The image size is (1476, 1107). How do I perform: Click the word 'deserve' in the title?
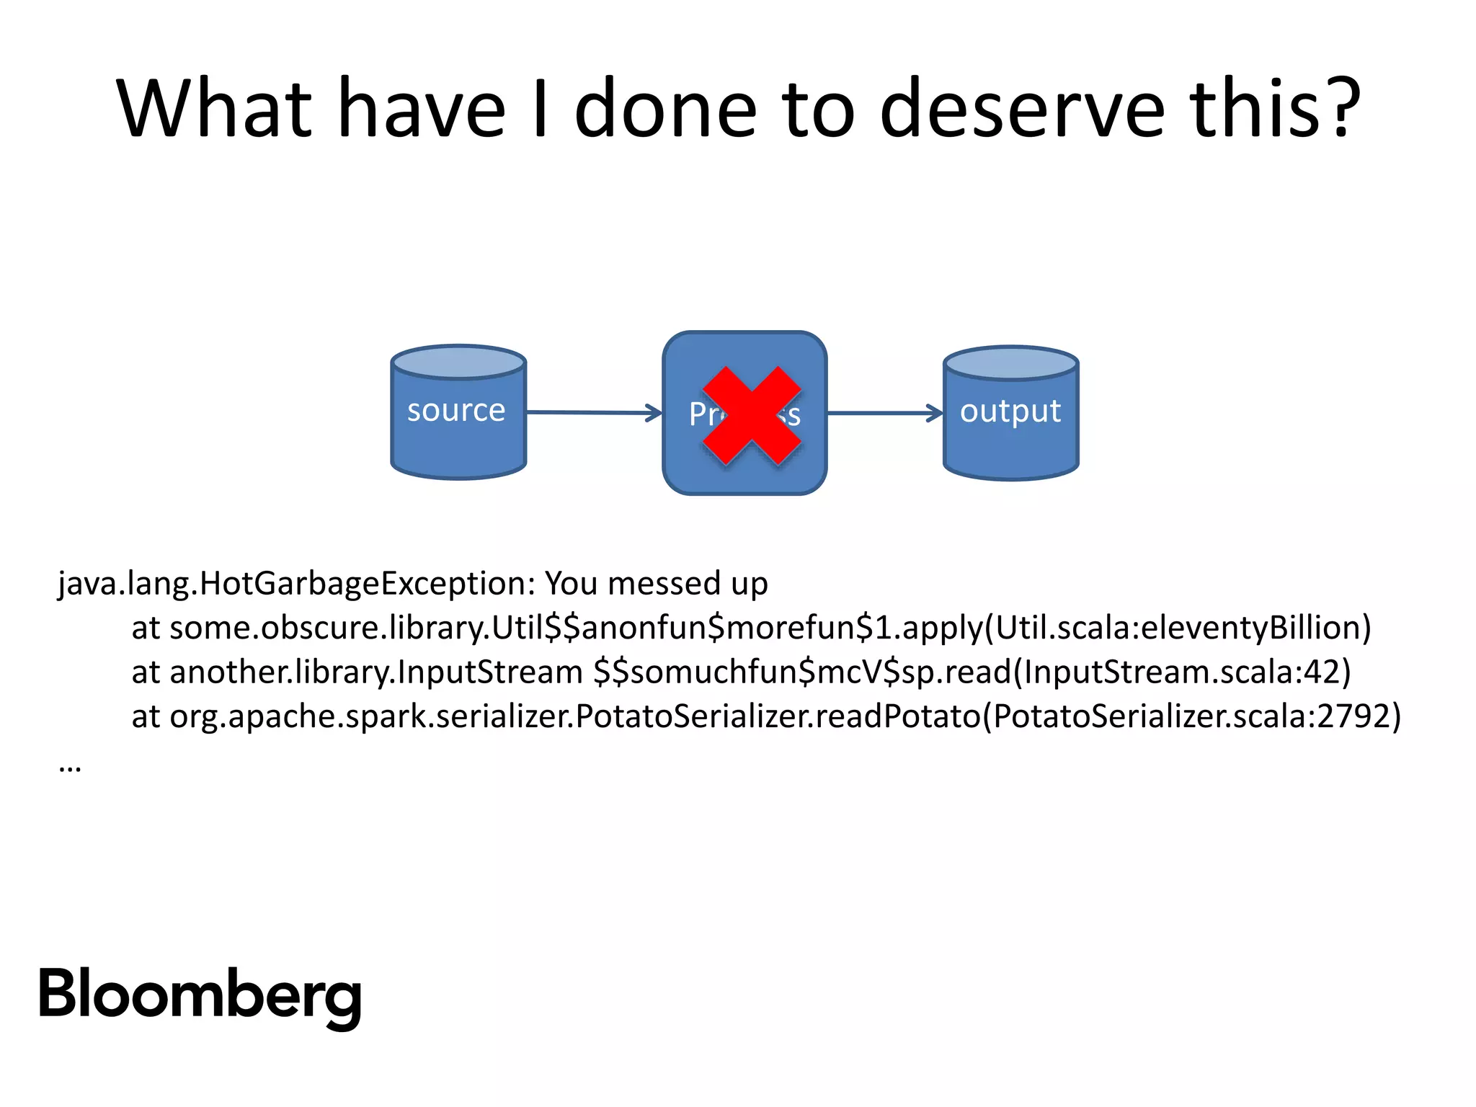(1021, 110)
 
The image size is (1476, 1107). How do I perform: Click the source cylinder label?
(456, 411)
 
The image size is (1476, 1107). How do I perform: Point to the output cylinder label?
(1010, 412)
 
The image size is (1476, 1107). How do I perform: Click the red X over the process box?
(752, 416)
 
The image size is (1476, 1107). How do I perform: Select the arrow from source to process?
(594, 413)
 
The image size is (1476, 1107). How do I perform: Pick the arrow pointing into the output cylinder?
(884, 413)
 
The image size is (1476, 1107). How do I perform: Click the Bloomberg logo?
(200, 996)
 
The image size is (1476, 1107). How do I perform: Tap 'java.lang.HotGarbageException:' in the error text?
(296, 583)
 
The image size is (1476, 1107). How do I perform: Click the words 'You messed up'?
(656, 583)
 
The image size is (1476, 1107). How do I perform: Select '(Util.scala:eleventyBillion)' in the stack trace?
(1178, 628)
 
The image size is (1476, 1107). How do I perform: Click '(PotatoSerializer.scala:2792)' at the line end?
(1192, 716)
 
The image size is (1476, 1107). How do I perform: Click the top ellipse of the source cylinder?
(458, 362)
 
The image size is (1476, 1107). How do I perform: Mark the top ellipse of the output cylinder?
(1010, 363)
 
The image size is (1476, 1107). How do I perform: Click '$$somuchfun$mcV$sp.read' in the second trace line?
(802, 672)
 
